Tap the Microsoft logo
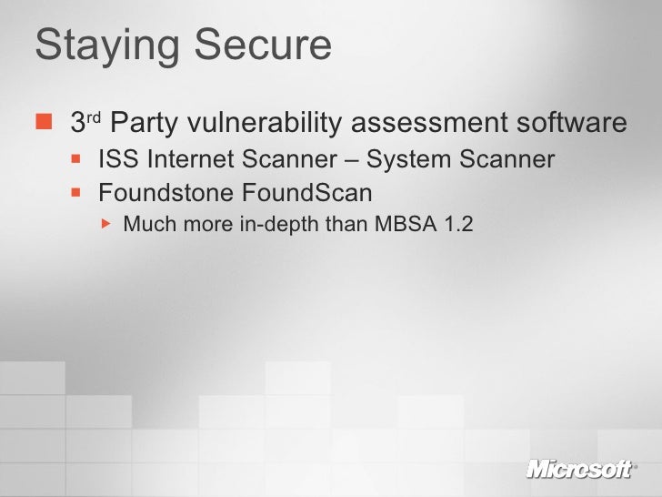(579, 469)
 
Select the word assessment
(425, 123)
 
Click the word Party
(149, 122)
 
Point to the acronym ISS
(115, 161)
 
